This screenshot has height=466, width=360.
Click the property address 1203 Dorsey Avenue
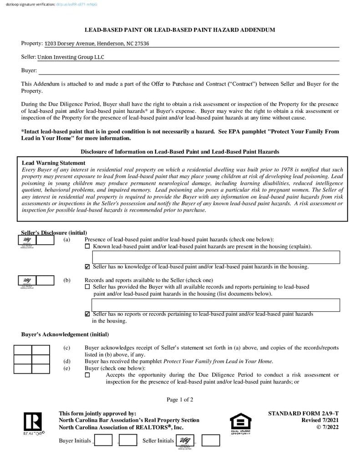point(96,44)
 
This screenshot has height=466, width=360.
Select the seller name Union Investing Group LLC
point(71,57)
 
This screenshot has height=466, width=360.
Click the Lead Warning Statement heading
point(54,163)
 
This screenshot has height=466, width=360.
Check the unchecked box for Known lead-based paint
point(88,247)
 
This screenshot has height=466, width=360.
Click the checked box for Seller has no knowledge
point(88,267)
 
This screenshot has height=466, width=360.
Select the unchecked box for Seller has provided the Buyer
point(88,287)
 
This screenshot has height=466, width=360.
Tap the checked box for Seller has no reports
point(88,314)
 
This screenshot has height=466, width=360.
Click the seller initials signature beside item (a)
point(27,241)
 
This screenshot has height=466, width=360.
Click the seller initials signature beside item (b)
point(27,281)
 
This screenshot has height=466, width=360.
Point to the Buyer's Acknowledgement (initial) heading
point(65,334)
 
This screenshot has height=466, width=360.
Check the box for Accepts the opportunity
point(88,375)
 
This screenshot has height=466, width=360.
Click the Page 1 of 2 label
point(180,400)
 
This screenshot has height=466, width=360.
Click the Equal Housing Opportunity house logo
point(240,423)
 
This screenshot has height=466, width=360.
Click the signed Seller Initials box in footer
point(185,441)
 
